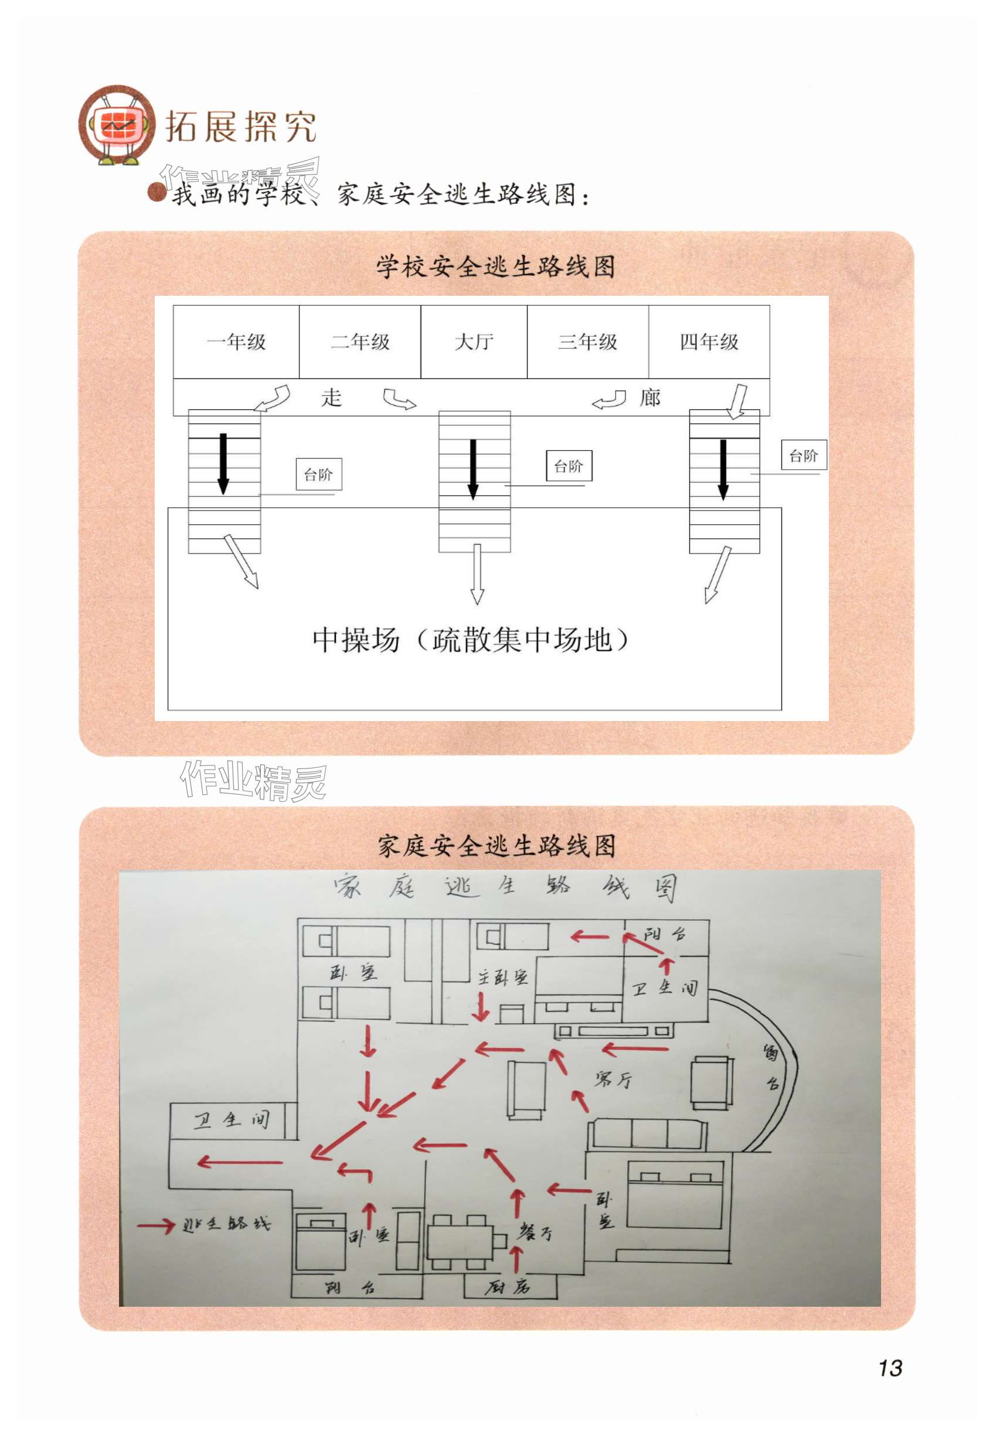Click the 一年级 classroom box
coord(236,341)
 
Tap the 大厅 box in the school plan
coord(474,341)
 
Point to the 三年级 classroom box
coord(587,341)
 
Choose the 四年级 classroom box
coord(709,341)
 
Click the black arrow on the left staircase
coord(223,463)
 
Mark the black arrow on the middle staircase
coord(473,469)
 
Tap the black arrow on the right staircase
coord(723,469)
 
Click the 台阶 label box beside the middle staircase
coord(569,466)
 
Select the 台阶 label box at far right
coord(803,455)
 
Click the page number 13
coord(890,1368)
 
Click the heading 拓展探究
coord(241,127)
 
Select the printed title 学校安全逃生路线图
coord(496,266)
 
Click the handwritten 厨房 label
coord(508,1286)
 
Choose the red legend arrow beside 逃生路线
coord(155,1225)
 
